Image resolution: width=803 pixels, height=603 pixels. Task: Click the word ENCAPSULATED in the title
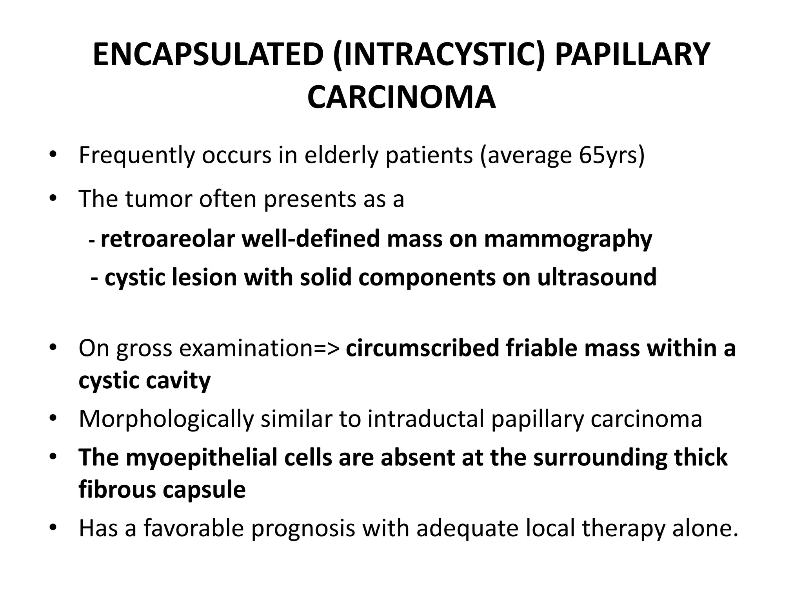[208, 55]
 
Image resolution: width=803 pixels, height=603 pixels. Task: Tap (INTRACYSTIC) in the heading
[439, 55]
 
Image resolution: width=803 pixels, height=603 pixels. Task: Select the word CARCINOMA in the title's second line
[401, 97]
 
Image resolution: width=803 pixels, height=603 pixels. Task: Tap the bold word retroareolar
[168, 239]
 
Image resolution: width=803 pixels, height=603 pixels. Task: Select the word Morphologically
[166, 419]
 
